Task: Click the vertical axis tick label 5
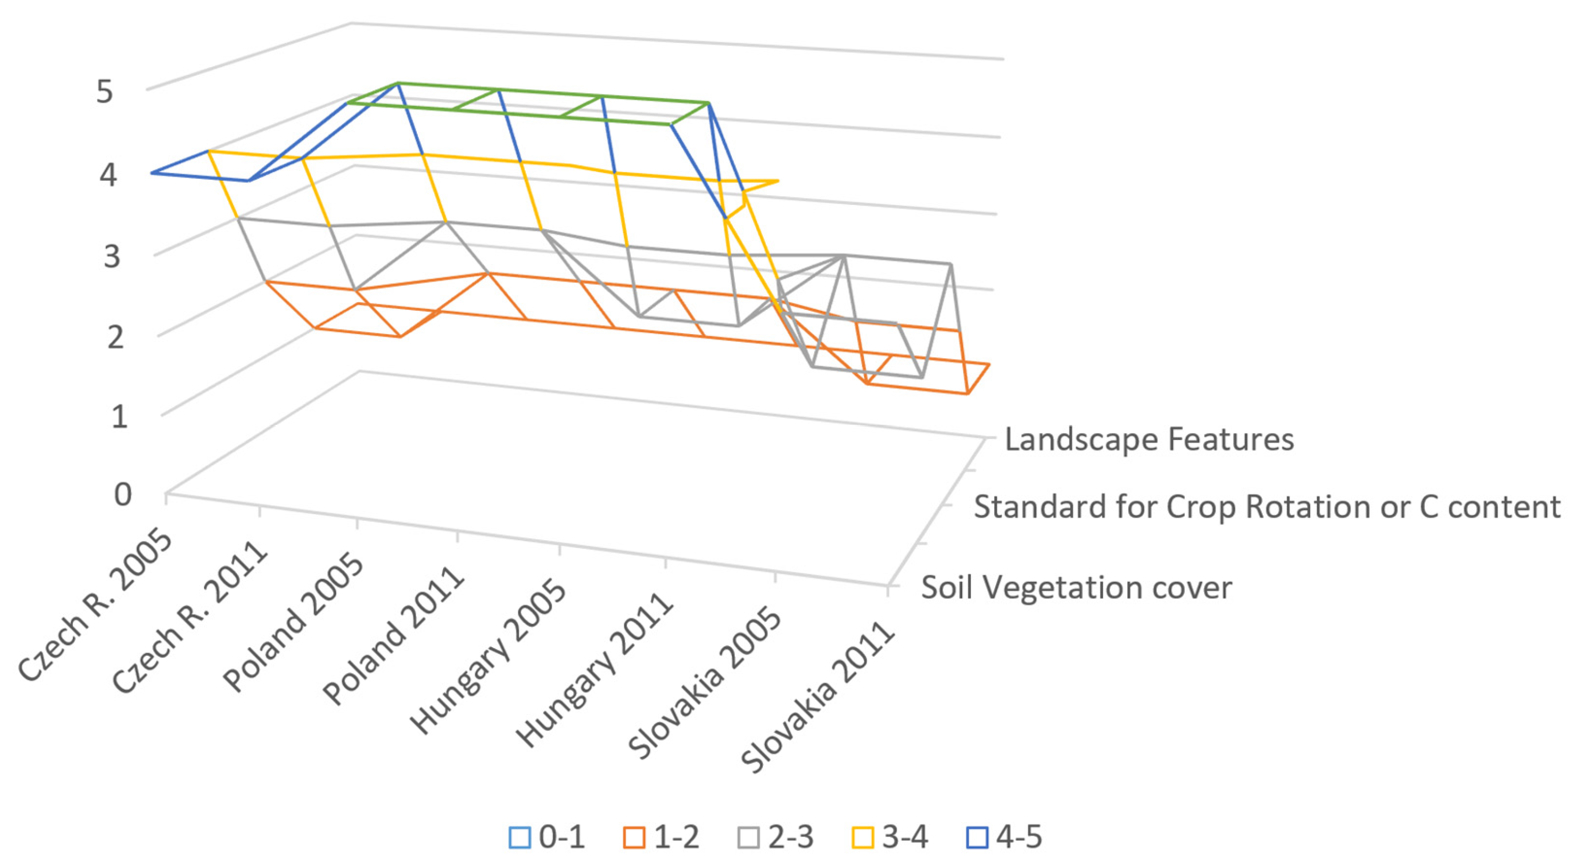(105, 93)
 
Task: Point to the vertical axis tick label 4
(108, 175)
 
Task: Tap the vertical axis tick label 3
(112, 256)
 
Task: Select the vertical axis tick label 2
(115, 337)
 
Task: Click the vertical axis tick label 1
(119, 417)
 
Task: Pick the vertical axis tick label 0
(122, 495)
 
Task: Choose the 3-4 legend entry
(890, 837)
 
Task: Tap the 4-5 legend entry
(1004, 837)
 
